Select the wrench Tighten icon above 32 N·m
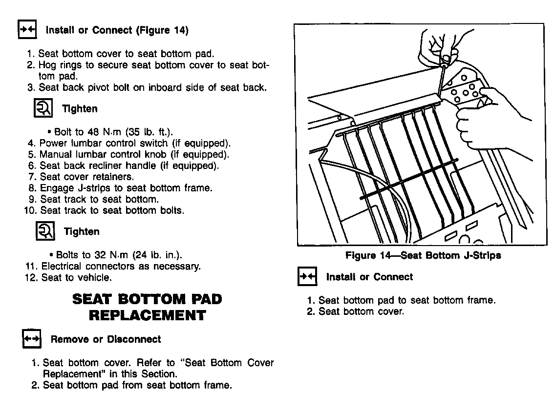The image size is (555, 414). click(45, 231)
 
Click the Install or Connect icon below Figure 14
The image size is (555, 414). click(308, 277)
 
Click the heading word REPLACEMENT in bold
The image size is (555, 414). click(147, 315)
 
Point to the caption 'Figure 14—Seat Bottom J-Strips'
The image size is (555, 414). click(423, 255)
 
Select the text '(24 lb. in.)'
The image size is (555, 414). click(156, 255)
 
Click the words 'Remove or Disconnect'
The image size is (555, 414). click(106, 339)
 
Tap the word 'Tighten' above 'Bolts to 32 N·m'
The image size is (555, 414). click(82, 232)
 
